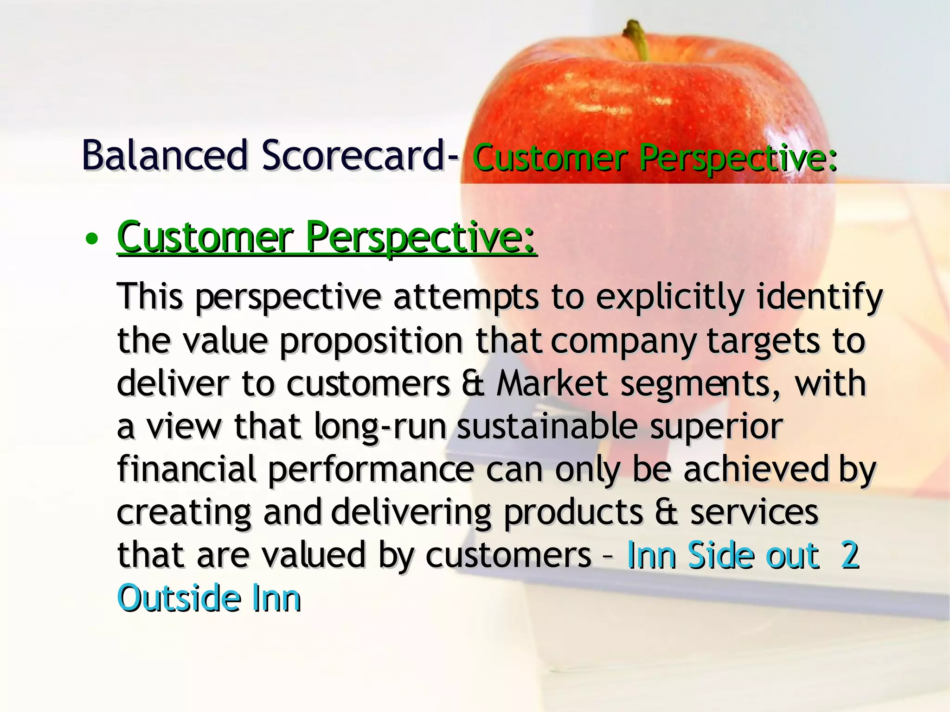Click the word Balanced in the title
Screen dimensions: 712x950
(x=165, y=156)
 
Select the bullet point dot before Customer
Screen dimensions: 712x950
(x=92, y=239)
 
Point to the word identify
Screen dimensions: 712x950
(x=819, y=298)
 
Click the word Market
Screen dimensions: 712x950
(x=552, y=384)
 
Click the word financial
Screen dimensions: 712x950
(x=186, y=469)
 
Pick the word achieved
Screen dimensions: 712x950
(x=756, y=469)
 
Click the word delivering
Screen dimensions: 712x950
(x=411, y=512)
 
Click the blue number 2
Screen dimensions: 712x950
(x=850, y=555)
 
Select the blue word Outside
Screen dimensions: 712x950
(x=179, y=598)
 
